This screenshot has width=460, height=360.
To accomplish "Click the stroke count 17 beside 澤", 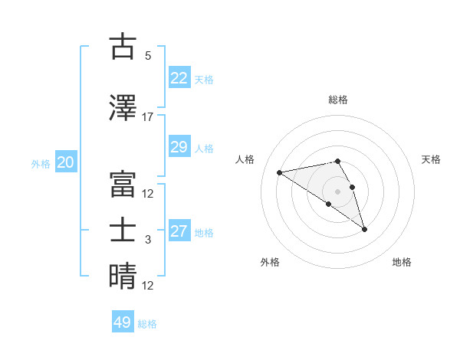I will coord(148,117).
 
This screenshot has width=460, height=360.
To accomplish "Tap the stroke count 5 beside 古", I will coord(148,56).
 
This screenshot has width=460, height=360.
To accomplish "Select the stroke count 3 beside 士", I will coord(148,240).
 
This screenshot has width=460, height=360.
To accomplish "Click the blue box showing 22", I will coord(179,78).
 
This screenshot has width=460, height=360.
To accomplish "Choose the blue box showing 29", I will coord(179,147).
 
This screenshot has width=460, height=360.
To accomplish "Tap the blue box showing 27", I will coord(179,232).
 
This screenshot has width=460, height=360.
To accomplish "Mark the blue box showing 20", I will coord(66,162).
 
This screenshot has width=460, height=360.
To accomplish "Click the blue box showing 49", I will coord(123,322).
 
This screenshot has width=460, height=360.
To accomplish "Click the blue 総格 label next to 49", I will coord(148,324).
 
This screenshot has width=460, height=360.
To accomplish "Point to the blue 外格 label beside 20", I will coord(41,163).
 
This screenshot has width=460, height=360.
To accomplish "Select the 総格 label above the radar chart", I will coord(338,100).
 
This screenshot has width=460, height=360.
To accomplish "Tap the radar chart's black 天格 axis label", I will coord(431,159).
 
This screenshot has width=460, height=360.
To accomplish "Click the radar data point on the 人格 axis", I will coord(280,172).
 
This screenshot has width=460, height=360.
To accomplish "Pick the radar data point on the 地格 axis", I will coord(364,228).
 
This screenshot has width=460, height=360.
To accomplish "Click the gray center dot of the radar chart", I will coord(338,191).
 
